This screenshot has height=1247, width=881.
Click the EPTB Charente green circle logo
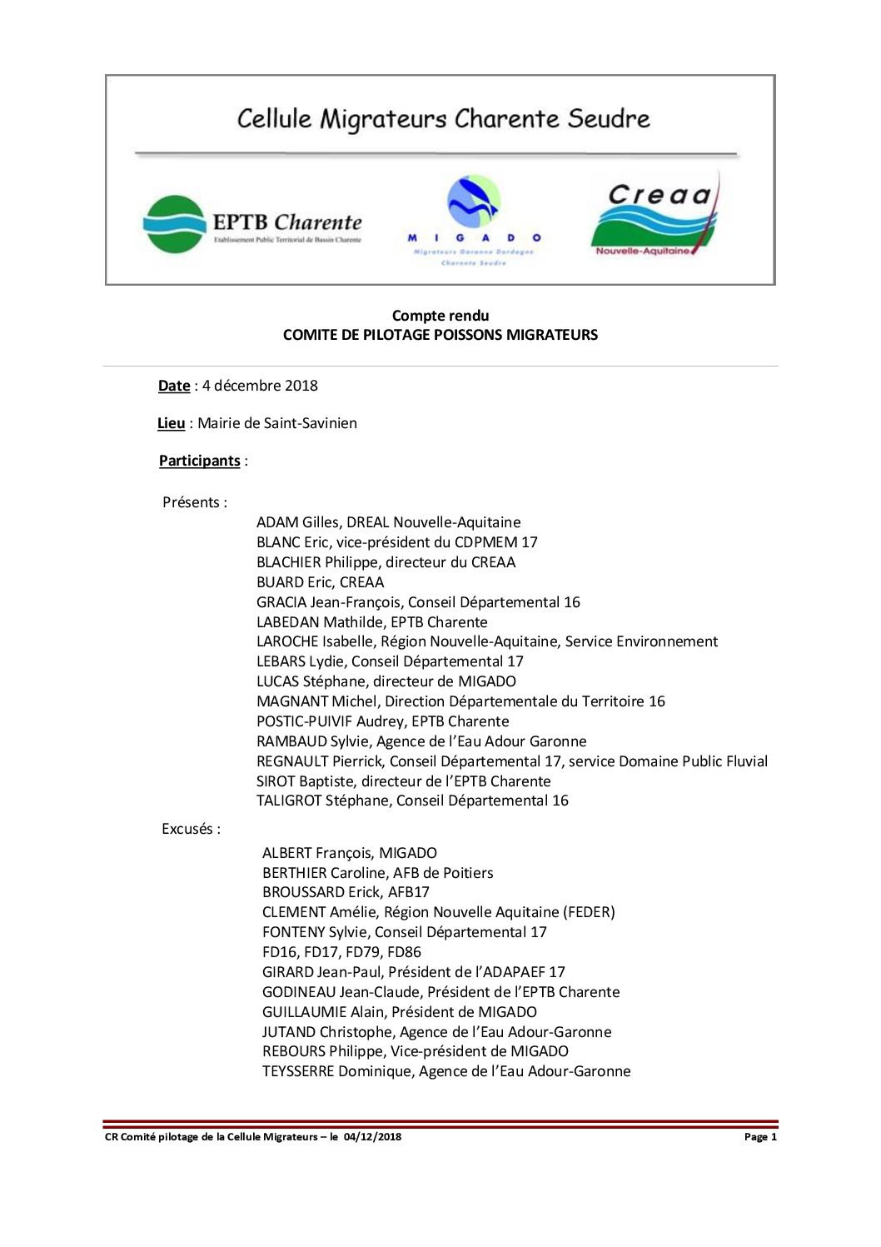(x=174, y=224)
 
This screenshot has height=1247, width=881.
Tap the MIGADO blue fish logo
(x=474, y=202)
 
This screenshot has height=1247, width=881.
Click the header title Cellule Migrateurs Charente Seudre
(x=443, y=118)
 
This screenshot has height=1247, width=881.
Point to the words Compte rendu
(x=440, y=316)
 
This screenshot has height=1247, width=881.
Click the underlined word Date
(x=174, y=386)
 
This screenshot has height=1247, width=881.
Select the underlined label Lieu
(x=172, y=423)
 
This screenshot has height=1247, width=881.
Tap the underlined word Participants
(x=200, y=461)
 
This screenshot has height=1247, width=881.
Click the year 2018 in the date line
(x=301, y=386)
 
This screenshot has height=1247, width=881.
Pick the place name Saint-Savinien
(x=311, y=423)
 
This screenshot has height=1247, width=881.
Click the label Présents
(x=192, y=502)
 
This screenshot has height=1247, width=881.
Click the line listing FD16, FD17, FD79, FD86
(x=341, y=952)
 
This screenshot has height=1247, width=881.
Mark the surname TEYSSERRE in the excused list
(x=298, y=1071)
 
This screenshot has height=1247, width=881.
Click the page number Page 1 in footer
(x=760, y=1137)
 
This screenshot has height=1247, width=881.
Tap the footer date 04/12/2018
(x=371, y=1137)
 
